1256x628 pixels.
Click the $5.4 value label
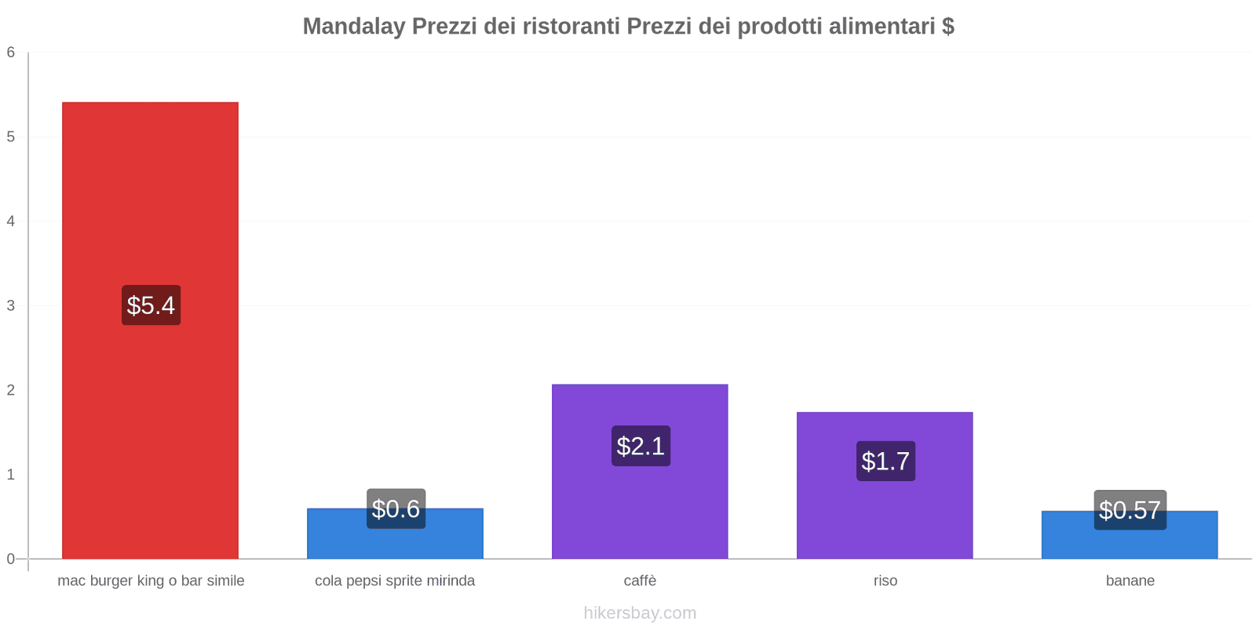[151, 305]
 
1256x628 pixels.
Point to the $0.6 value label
[396, 509]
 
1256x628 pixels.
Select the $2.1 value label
[641, 446]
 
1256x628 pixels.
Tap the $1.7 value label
[885, 461]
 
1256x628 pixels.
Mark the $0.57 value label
[1130, 510]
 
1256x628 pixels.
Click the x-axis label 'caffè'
[640, 581]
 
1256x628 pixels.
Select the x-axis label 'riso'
[885, 581]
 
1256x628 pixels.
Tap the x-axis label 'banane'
[1130, 581]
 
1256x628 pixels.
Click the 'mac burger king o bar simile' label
[151, 581]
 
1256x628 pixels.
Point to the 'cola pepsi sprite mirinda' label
[395, 581]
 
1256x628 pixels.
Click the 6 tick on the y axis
[11, 53]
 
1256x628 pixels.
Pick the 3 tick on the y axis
[11, 305]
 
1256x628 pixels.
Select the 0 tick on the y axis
[11, 559]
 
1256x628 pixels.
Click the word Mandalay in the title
[353, 27]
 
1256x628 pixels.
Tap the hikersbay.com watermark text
[640, 613]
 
